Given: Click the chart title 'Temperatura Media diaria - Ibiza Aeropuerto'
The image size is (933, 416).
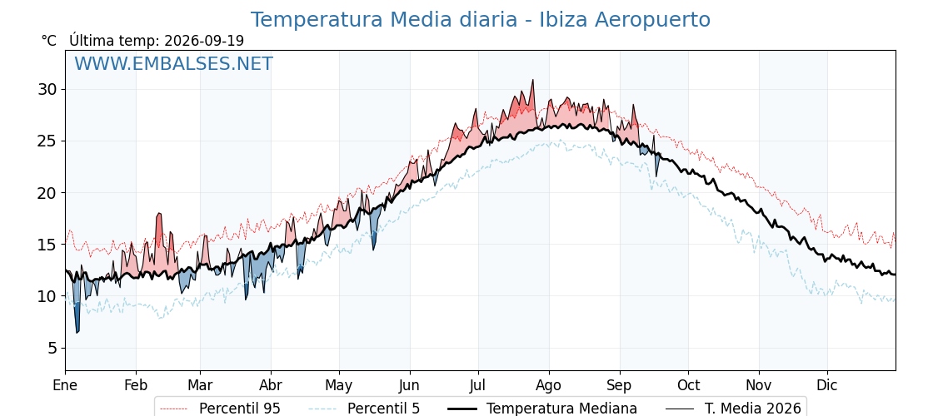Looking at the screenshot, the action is point(480,20).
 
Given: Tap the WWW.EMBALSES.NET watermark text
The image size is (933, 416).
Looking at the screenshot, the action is point(174,63).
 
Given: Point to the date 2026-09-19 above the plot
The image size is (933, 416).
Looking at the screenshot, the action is point(204,41).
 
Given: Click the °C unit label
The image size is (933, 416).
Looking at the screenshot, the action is point(49,41).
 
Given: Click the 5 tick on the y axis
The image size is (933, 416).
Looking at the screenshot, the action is point(53,348).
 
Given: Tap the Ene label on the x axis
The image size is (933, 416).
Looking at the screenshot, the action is point(65,385).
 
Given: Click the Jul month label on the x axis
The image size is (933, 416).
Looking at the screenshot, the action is point(478,385).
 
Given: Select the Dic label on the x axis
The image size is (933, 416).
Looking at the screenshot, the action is point(826,385).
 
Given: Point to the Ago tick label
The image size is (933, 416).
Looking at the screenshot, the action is point(548,385).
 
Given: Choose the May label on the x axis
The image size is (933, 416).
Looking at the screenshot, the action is point(338,385).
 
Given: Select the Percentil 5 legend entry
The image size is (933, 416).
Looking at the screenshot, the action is point(366,409).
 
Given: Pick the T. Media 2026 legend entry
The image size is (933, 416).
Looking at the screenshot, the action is point(734,409).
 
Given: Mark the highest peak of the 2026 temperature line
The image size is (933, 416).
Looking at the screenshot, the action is point(532,80).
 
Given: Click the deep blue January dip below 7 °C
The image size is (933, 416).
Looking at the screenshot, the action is point(77,332).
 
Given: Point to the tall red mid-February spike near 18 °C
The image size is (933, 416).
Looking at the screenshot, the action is point(159,214).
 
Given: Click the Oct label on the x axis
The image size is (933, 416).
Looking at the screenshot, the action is point(688,385).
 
